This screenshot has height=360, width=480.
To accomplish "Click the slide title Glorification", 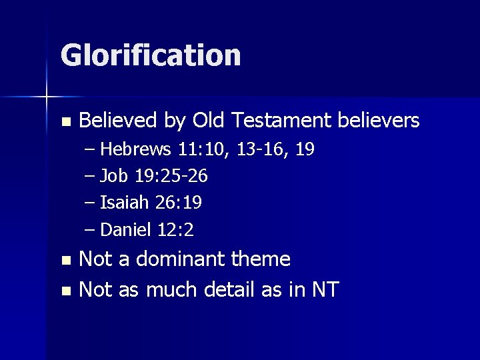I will (x=151, y=55).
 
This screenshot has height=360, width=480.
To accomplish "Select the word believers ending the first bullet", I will (x=379, y=121).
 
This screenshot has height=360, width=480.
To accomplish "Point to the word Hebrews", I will (x=137, y=149).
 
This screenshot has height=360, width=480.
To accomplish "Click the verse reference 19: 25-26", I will (x=171, y=177).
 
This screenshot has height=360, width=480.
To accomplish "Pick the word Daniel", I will (x=127, y=230).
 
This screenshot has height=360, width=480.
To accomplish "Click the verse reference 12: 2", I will (x=175, y=230).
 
